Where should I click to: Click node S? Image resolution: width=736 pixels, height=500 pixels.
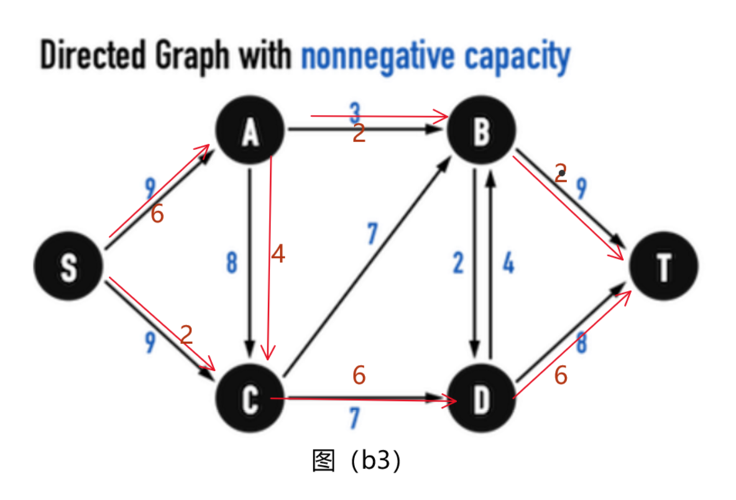pos(68,267)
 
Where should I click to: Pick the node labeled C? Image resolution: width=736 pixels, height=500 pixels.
pos(250,399)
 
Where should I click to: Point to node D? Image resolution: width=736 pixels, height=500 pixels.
pos(482,399)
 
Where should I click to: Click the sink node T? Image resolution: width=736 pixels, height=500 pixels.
pos(663,267)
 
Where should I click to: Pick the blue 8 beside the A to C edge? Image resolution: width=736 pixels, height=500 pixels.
pos(231,264)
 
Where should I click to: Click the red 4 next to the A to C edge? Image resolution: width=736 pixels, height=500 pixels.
pos(279,254)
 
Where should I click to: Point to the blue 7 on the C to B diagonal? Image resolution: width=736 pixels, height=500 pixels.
pos(372,233)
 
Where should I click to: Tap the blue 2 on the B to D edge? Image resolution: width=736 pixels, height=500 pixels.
pos(459,264)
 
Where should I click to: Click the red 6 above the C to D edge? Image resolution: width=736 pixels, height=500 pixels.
pos(359,374)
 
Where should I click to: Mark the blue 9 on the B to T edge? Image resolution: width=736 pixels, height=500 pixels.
pos(581,189)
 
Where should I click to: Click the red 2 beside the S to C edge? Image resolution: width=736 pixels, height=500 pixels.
pos(187,334)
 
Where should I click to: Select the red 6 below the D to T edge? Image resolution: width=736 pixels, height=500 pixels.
pos(561,374)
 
